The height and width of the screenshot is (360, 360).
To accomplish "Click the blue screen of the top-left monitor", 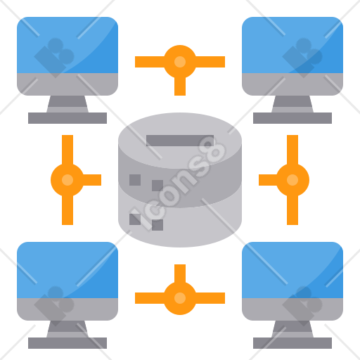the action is [x=67, y=45].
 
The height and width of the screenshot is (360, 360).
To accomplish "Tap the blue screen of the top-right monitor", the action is [x=292, y=45].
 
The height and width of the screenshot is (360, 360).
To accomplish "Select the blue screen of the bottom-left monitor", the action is [x=67, y=270].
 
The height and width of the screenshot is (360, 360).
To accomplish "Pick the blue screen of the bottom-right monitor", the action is [x=292, y=270].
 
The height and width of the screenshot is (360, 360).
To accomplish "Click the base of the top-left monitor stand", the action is [x=67, y=118].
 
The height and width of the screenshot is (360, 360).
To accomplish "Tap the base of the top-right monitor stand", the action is [x=292, y=118].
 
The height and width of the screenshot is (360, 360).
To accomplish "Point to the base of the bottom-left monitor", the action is [x=67, y=343].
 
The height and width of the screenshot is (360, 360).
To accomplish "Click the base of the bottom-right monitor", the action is [x=292, y=343].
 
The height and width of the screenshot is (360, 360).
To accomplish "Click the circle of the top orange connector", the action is [x=180, y=62].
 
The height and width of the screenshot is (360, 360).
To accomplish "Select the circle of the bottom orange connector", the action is [x=180, y=298].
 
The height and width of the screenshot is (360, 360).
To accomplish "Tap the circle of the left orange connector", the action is [x=67, y=180].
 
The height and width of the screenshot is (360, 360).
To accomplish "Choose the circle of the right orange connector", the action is [x=292, y=180].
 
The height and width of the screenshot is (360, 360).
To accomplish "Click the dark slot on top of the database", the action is [x=180, y=141].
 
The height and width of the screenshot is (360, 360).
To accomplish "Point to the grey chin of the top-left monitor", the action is [x=67, y=84].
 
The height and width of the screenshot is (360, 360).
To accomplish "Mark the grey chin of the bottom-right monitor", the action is [x=292, y=309].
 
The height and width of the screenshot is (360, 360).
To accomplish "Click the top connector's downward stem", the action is [x=180, y=86].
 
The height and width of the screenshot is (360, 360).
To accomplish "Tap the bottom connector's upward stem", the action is [x=180, y=274].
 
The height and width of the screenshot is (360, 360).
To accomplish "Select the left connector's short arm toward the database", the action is [x=92, y=180].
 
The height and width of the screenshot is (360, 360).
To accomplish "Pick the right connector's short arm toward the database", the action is [x=268, y=180].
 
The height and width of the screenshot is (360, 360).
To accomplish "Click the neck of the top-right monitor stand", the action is [x=292, y=104].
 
